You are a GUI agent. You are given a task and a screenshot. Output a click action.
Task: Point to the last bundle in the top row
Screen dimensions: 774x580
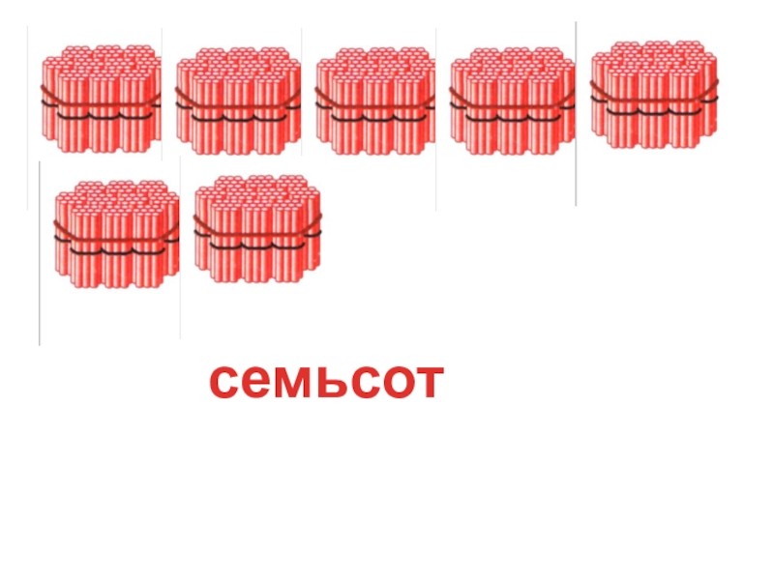[654, 94]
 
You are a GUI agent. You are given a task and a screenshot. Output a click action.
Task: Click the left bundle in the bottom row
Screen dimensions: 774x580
[116, 232]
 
